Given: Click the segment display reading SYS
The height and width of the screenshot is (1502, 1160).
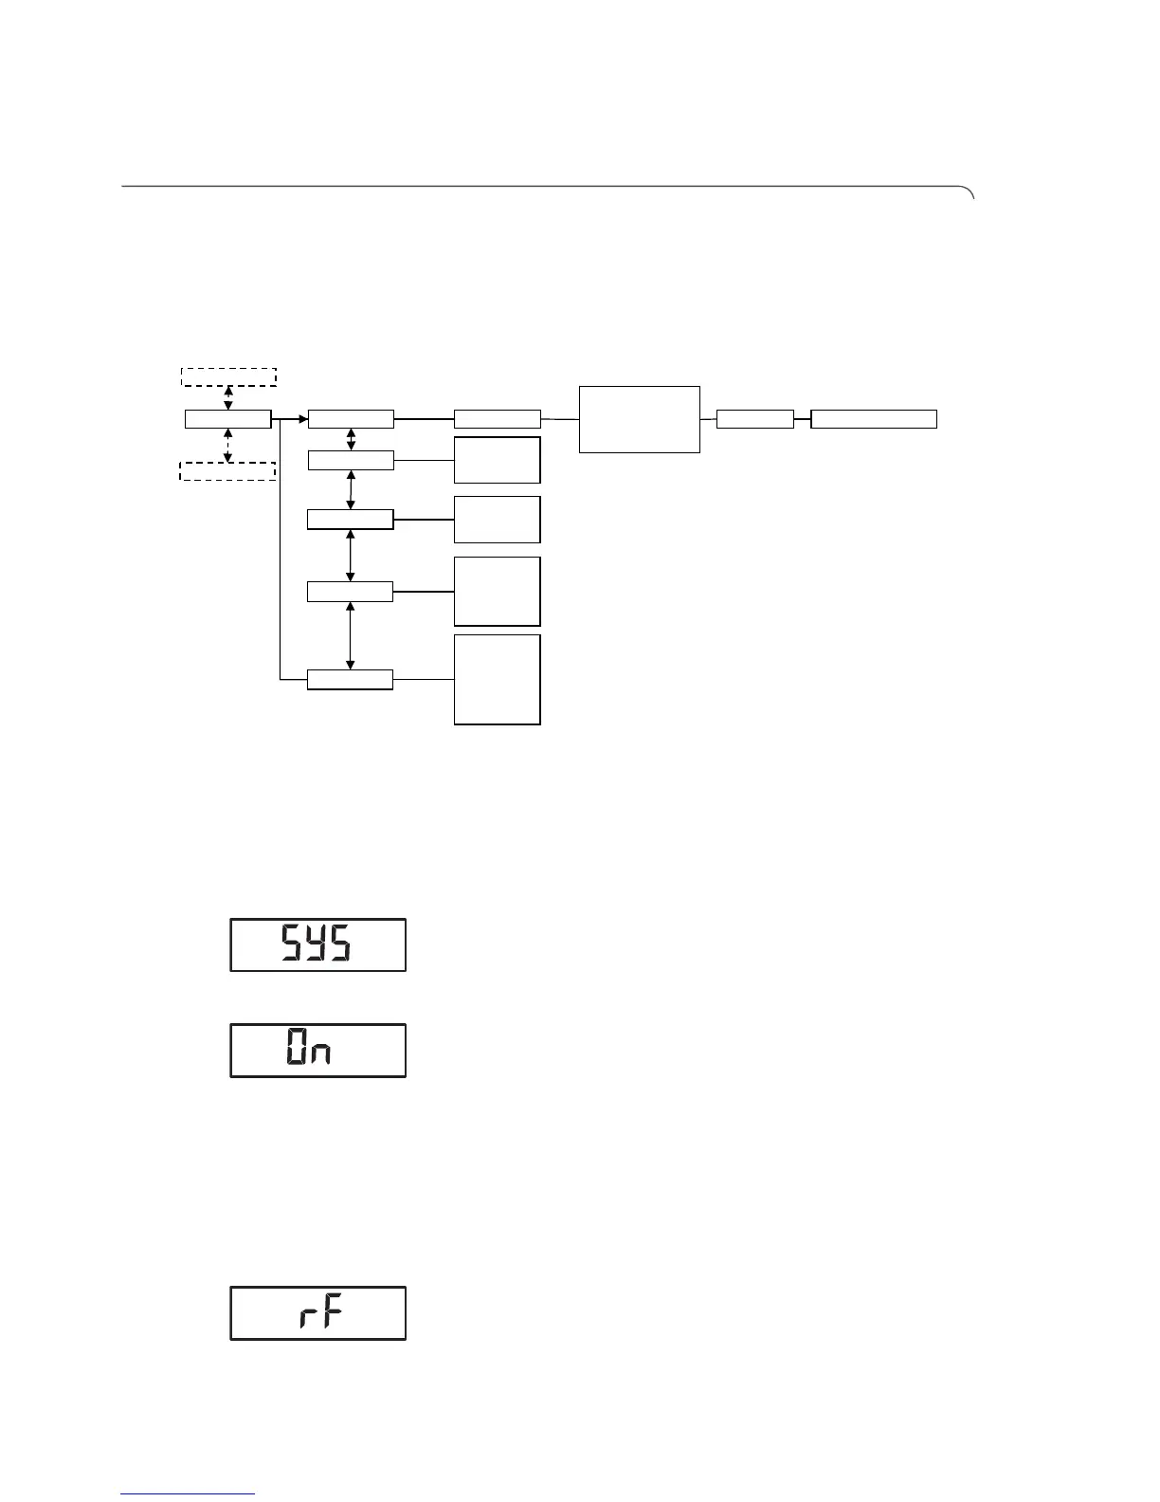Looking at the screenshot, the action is click(x=317, y=944).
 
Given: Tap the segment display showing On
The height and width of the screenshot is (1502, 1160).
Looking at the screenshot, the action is click(x=317, y=1051).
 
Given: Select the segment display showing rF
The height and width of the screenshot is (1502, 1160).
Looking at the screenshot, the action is click(x=317, y=1313).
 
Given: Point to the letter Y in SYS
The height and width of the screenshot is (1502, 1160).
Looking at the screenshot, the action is click(x=317, y=944).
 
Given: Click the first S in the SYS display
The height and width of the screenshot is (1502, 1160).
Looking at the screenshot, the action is click(x=293, y=944).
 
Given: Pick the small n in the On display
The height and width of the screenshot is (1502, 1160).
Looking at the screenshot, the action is click(x=322, y=1054).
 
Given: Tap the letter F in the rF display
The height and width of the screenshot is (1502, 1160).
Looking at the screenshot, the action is click(x=329, y=1313).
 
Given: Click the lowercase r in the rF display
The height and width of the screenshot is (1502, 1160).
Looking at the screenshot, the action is click(x=306, y=1317).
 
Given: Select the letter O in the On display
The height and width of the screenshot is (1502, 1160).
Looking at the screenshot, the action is click(x=296, y=1051).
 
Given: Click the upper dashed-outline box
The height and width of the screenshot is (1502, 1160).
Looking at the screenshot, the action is click(x=228, y=376).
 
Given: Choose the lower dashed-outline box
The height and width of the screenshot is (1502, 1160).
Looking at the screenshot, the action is click(x=227, y=471).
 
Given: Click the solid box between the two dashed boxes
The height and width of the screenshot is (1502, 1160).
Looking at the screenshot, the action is click(x=228, y=419).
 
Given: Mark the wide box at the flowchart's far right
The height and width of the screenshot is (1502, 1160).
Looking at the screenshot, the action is click(x=874, y=419).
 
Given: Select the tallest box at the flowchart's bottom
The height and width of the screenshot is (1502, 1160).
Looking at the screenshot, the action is click(x=498, y=680).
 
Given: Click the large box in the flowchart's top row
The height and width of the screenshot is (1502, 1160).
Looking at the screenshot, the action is click(x=640, y=419).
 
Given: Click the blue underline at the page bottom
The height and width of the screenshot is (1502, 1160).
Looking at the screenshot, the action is click(x=188, y=1494).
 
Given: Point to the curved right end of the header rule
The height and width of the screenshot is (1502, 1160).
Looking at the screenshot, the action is click(x=970, y=192).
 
